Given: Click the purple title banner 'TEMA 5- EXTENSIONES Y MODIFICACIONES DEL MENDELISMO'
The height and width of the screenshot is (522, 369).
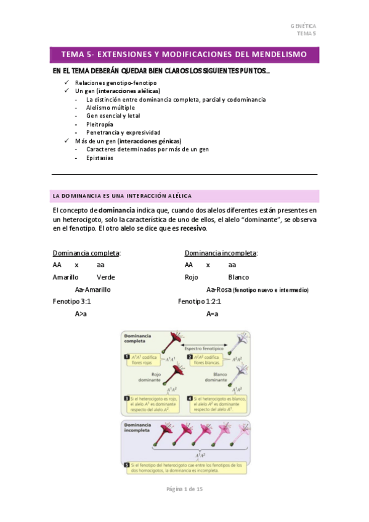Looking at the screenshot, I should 184,55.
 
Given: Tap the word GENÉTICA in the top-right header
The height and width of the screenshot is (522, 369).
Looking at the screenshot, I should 303,26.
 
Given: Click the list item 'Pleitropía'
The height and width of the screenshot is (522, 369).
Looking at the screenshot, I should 100,124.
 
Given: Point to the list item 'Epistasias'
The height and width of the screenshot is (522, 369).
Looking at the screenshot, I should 100,158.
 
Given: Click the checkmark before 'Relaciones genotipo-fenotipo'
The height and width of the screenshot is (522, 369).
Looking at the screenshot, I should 67,82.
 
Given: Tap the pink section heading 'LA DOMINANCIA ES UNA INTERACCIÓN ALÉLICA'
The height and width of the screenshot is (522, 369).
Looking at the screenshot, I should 122,196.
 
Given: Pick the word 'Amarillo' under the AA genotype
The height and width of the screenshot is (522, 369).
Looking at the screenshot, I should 65,277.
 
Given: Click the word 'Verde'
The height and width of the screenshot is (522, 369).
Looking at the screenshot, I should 106,277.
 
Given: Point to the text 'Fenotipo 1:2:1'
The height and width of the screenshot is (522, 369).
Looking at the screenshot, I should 199,302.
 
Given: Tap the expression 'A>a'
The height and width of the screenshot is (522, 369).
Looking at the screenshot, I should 81,313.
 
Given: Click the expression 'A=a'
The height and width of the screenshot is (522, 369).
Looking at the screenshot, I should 213,313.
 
